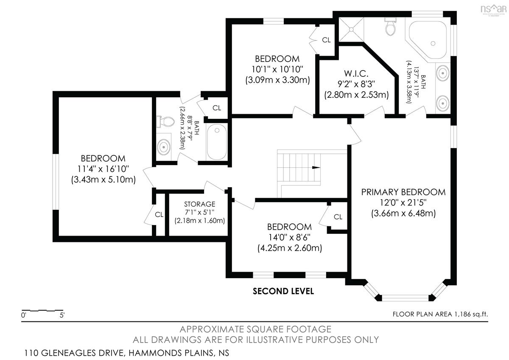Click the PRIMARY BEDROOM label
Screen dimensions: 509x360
(x=403, y=192)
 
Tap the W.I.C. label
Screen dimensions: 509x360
(x=356, y=73)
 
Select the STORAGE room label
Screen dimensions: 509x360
(x=199, y=204)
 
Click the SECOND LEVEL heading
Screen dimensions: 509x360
(x=283, y=291)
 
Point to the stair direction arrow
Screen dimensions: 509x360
(x=316, y=168)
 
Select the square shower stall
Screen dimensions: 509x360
(x=351, y=30)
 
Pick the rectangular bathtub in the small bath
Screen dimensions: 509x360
(x=217, y=142)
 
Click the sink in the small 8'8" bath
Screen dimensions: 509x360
(x=164, y=147)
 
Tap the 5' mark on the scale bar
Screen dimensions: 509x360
(x=62, y=315)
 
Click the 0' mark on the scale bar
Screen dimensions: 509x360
(x=24, y=315)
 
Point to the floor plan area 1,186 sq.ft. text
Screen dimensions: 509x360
(x=440, y=314)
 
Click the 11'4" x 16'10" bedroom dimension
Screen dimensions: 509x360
(x=103, y=169)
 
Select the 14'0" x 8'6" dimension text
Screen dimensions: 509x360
(x=289, y=237)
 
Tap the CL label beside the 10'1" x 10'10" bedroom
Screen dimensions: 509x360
(x=326, y=40)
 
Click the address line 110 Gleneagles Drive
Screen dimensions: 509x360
(x=126, y=353)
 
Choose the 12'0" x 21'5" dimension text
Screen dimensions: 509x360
(x=403, y=202)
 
